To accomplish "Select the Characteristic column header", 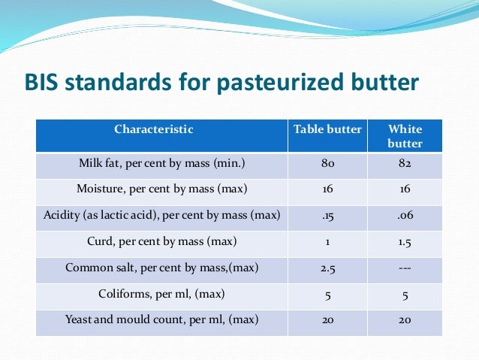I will (x=153, y=129).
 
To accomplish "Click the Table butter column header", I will (x=327, y=129).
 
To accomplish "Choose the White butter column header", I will (x=405, y=136).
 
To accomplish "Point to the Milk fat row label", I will (x=161, y=162).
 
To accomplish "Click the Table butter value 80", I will (x=327, y=162).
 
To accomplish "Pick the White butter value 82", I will (x=405, y=162).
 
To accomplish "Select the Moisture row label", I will (x=161, y=189).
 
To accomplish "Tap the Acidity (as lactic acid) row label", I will (x=161, y=216).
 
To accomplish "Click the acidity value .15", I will (x=327, y=216).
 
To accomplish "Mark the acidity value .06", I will (x=405, y=216).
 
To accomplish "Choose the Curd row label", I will (x=161, y=241).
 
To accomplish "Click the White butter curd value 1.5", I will (x=405, y=241).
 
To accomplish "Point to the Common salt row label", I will (x=161, y=268).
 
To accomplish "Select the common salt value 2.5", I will (x=327, y=268).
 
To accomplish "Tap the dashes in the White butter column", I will (x=405, y=268).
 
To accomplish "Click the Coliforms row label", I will (x=161, y=294).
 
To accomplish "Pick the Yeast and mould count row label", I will (x=161, y=319).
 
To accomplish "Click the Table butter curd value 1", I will (x=327, y=241).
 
